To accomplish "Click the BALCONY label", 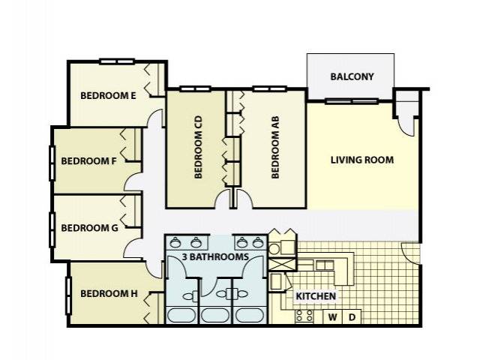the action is click(x=352, y=76).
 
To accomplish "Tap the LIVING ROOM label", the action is click(x=362, y=160).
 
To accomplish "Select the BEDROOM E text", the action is click(x=108, y=95).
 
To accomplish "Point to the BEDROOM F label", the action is click(x=88, y=161).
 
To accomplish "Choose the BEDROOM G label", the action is click(x=89, y=228).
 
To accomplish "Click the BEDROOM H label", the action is click(x=109, y=293).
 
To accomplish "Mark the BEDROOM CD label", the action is click(x=198, y=147).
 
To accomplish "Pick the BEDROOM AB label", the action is click(x=275, y=147).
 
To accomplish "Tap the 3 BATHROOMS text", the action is click(x=215, y=256).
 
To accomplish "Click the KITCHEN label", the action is click(x=316, y=296).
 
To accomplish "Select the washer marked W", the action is click(x=333, y=317).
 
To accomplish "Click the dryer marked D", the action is click(x=352, y=317).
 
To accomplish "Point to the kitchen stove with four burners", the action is click(x=304, y=316).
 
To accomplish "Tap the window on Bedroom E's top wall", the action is click(x=117, y=61).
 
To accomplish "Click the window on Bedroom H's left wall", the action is click(x=68, y=295).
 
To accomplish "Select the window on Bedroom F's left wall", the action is click(x=52, y=163).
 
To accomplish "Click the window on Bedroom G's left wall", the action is click(x=52, y=230).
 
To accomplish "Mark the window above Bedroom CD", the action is click(x=195, y=89).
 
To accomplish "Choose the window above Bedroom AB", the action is click(x=270, y=89).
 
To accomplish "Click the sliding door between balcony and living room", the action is click(x=352, y=101).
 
